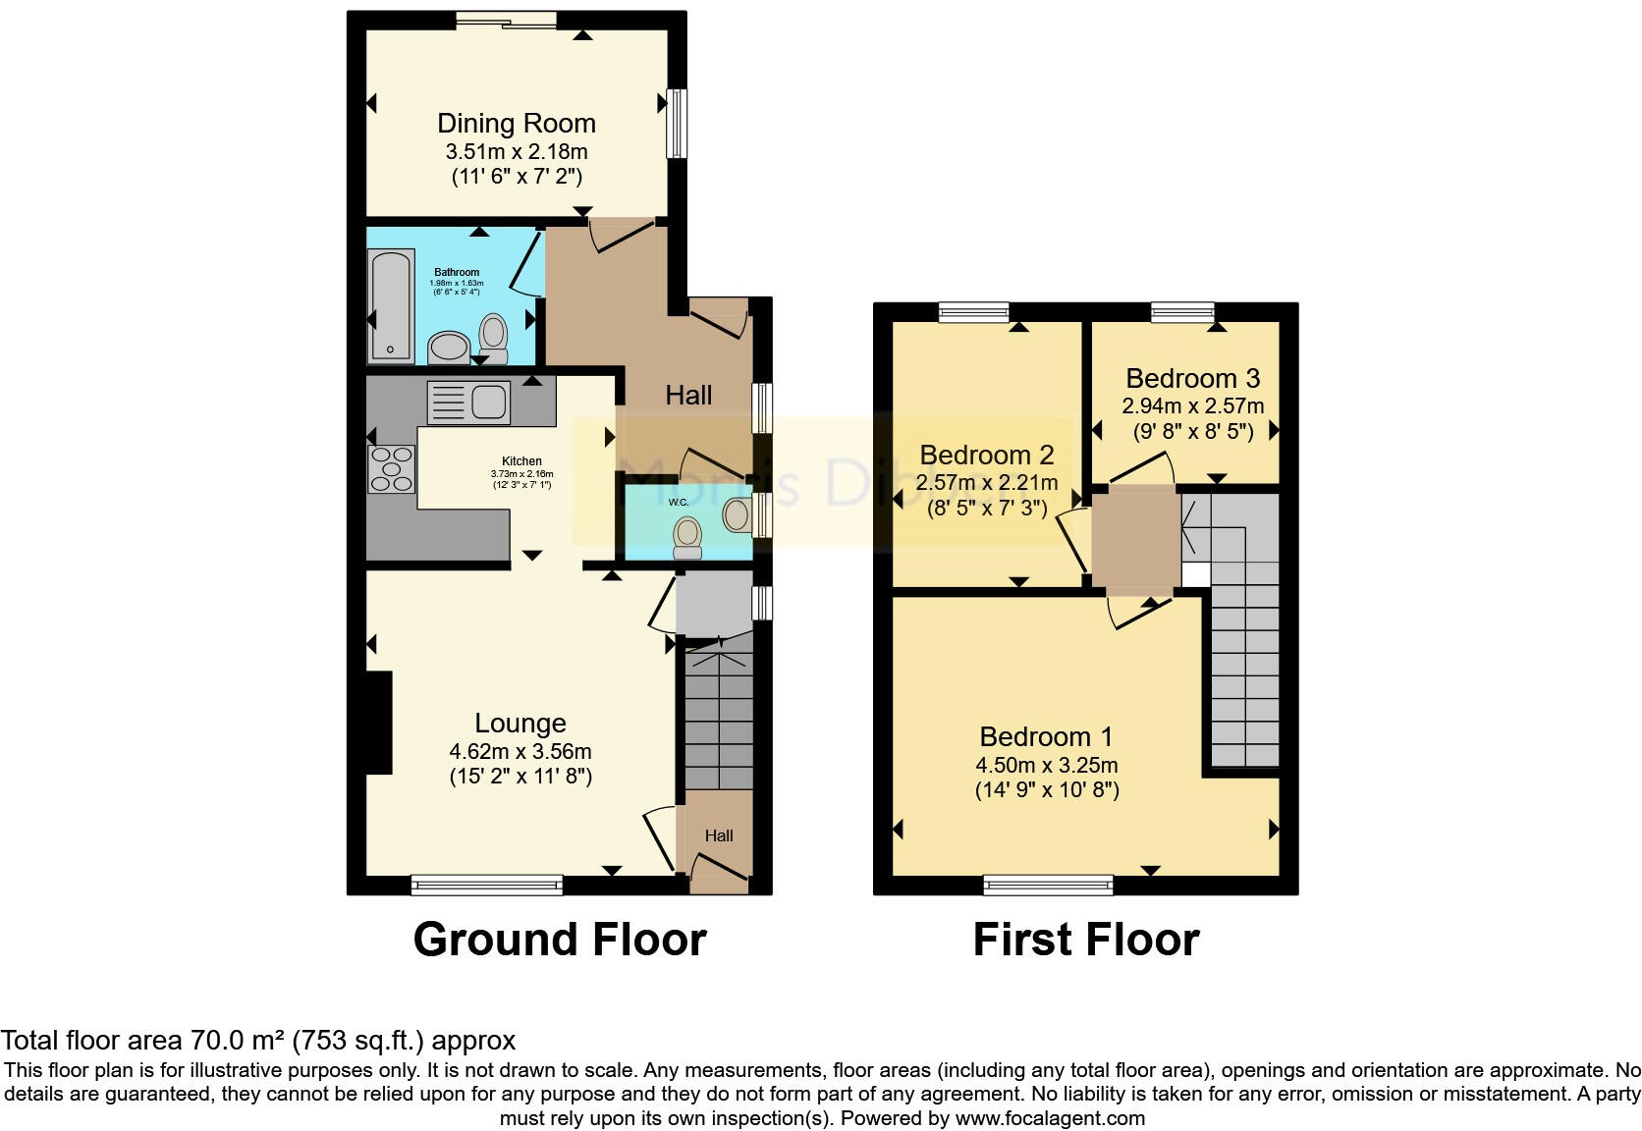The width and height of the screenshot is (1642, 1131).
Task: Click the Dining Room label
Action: click(517, 124)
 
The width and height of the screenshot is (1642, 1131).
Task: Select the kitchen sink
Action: click(469, 402)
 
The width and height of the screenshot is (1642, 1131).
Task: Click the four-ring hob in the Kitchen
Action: click(391, 469)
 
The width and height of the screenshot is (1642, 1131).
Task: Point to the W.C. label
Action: click(679, 503)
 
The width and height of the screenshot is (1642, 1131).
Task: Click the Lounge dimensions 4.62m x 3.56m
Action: click(520, 752)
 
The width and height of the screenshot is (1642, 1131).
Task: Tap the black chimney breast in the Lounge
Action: click(379, 723)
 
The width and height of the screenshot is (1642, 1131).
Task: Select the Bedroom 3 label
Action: click(1192, 379)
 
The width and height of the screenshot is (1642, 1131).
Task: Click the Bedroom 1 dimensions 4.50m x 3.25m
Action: click(1046, 765)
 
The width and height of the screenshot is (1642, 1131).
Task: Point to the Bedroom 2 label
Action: click(986, 456)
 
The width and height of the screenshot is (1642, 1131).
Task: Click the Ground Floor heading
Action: click(560, 940)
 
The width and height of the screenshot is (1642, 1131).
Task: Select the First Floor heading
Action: click(1085, 940)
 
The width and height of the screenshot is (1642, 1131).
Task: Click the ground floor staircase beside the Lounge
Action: click(718, 722)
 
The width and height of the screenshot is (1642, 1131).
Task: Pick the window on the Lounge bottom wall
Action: click(486, 886)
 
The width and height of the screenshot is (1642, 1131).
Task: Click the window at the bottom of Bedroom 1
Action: click(1049, 886)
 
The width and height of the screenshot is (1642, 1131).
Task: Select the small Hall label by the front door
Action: click(719, 836)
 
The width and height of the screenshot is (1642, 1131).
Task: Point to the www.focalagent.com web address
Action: click(1050, 1118)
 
